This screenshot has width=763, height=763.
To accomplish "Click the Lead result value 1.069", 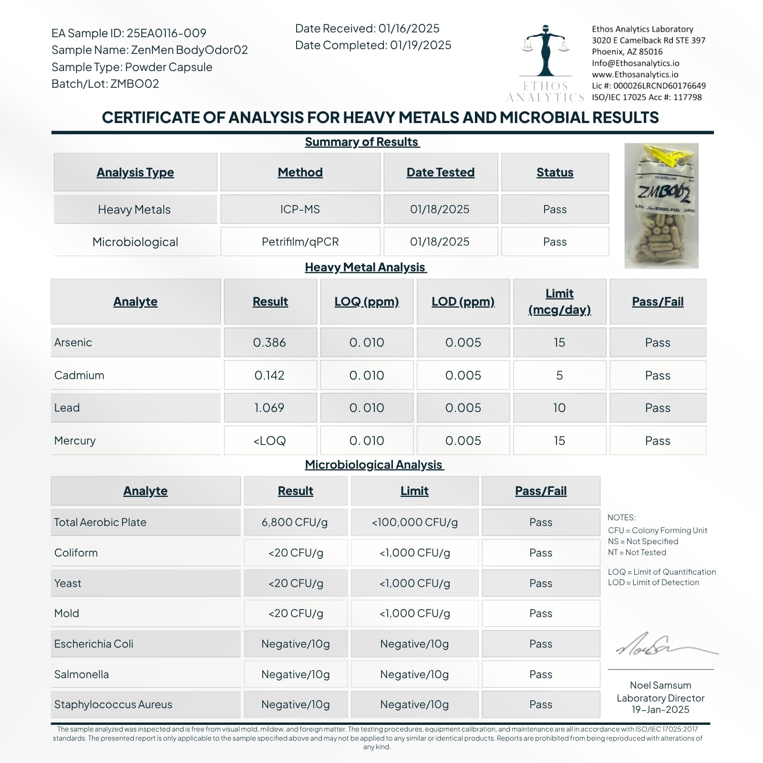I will [269, 408].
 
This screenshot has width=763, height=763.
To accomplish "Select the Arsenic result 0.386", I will [269, 342].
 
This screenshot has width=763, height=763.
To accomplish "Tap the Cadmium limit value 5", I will [559, 375].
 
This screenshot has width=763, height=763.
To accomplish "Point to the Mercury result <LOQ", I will [269, 441].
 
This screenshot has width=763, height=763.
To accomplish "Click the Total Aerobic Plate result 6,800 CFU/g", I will [295, 522].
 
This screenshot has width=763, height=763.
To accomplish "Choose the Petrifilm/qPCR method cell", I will [300, 242].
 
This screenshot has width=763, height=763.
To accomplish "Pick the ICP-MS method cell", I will [300, 209].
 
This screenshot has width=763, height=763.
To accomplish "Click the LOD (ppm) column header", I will [463, 301].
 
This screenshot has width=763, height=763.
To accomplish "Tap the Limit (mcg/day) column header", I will [559, 301].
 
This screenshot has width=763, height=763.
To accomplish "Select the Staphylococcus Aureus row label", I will [113, 704].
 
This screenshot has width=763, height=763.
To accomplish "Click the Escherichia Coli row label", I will [93, 644].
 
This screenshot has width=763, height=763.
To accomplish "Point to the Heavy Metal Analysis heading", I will [365, 268].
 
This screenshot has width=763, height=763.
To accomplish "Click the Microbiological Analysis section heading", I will [374, 464].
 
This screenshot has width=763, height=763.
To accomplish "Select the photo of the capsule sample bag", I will [661, 206].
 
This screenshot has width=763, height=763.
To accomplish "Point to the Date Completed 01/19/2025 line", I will [373, 45].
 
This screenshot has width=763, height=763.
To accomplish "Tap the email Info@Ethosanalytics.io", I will [636, 63].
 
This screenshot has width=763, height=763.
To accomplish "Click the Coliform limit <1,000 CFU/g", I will [414, 553].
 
